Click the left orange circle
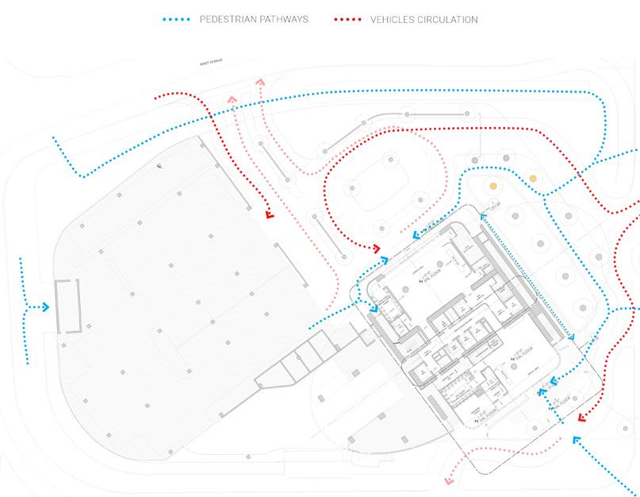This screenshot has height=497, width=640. [493, 186]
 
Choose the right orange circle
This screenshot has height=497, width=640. [534, 178]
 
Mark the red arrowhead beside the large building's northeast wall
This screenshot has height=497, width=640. [269, 214]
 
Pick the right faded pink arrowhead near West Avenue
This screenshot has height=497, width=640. [261, 83]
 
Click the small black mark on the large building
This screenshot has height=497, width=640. [159, 166]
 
